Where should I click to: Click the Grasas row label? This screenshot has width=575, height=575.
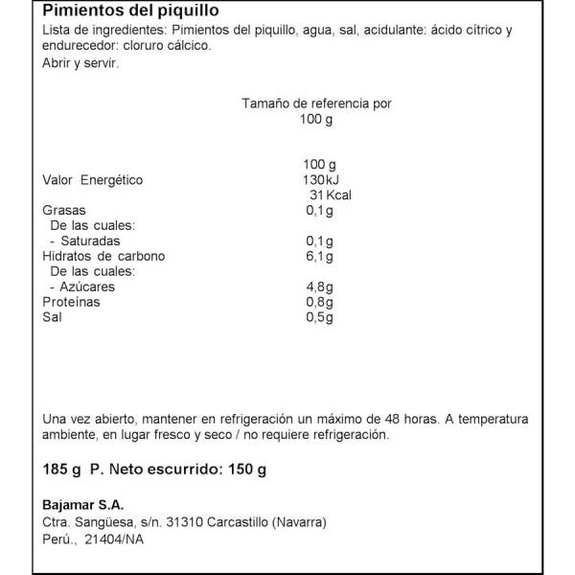pyautogui.click(x=65, y=211)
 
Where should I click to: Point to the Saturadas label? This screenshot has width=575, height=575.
pyautogui.click(x=90, y=241)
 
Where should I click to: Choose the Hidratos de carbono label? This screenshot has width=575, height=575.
pyautogui.click(x=104, y=256)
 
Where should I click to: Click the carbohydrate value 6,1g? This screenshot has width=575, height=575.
pyautogui.click(x=318, y=256)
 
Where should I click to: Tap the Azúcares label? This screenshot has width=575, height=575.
pyautogui.click(x=87, y=287)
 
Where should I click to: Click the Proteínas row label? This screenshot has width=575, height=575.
pyautogui.click(x=72, y=302)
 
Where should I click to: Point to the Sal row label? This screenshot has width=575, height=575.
pyautogui.click(x=53, y=316)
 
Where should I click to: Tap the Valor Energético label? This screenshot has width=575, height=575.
pyautogui.click(x=93, y=179)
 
